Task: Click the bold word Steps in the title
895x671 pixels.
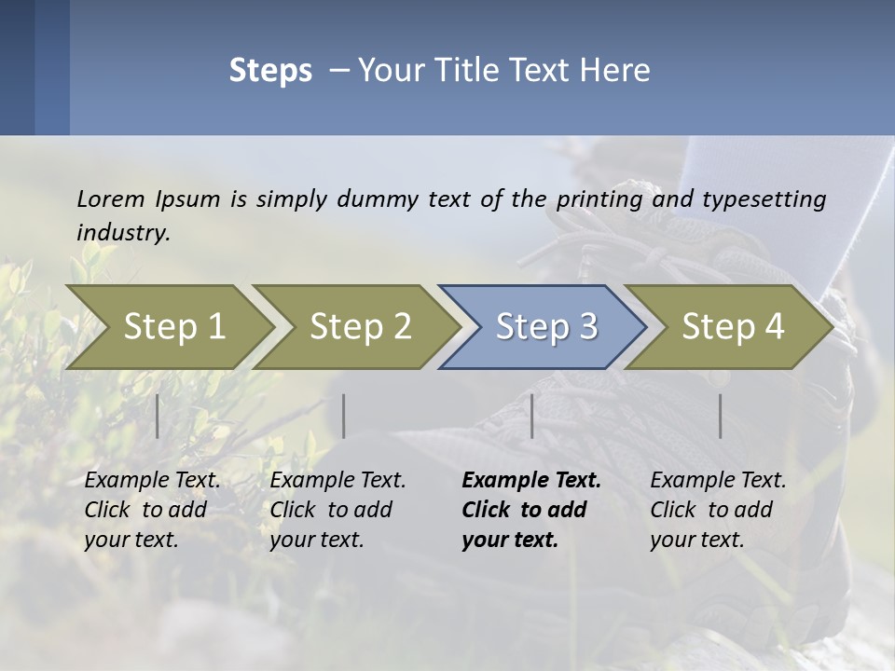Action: click(x=270, y=71)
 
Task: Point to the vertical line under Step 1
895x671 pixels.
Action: click(x=158, y=416)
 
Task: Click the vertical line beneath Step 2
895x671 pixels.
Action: click(x=344, y=416)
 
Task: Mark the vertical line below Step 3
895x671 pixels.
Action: click(x=532, y=416)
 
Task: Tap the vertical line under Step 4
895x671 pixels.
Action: click(x=721, y=416)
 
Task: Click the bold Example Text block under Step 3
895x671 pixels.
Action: click(x=530, y=510)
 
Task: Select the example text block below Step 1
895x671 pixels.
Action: click(x=152, y=510)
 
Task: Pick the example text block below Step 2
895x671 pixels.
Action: click(x=337, y=510)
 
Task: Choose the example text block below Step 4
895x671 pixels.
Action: click(x=718, y=510)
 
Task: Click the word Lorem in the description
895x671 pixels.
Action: click(x=111, y=199)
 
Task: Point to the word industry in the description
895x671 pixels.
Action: click(x=123, y=232)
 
